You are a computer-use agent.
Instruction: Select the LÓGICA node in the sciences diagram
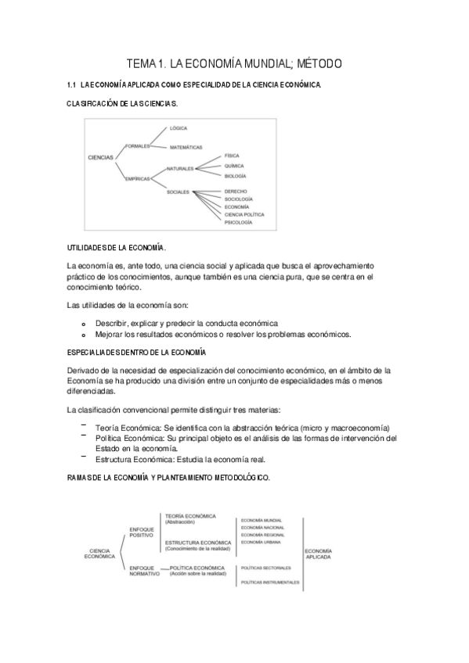[x=179, y=127]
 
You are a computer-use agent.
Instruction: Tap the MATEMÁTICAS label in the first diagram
[x=186, y=147]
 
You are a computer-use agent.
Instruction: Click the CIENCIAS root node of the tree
[x=101, y=157]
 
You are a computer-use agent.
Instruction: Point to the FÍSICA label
[x=232, y=156]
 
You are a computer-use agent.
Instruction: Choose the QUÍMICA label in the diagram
[x=233, y=166]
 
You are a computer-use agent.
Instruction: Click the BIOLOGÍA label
[x=235, y=176]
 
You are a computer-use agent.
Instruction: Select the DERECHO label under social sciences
[x=236, y=191]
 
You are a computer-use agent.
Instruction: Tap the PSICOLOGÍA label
[x=238, y=222]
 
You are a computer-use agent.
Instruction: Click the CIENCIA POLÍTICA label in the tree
[x=244, y=214]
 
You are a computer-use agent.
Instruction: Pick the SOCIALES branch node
[x=178, y=192]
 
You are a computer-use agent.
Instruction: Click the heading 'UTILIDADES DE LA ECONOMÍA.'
[x=117, y=247]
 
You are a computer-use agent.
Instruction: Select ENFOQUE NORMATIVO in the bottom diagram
[x=144, y=570]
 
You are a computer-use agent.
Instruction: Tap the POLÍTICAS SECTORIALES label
[x=265, y=568]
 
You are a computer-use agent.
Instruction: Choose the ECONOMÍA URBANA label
[x=262, y=542]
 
